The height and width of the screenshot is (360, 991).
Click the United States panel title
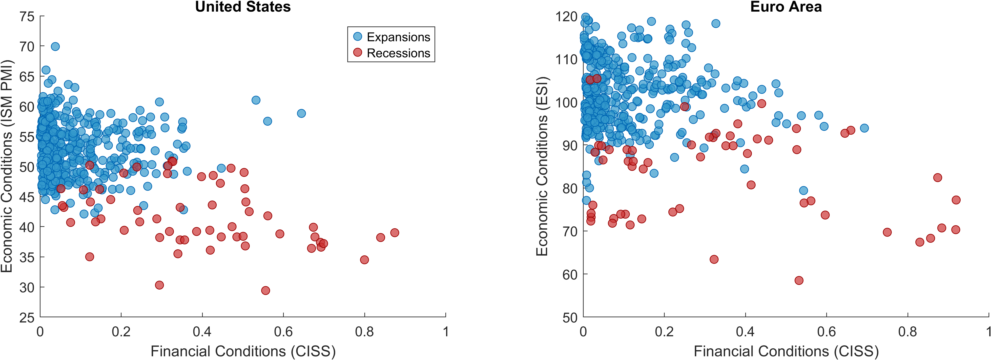[x=243, y=7]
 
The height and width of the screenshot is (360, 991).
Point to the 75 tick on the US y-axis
[x=27, y=17]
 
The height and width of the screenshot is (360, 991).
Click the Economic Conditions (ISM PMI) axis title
[x=7, y=166]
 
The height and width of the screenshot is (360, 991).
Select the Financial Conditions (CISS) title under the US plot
[x=243, y=351]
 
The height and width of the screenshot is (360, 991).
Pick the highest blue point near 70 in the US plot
[x=55, y=46]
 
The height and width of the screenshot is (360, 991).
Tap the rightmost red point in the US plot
[x=394, y=233]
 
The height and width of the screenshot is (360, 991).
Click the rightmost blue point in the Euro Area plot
[x=864, y=128]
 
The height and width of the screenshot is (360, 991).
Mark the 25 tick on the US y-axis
[x=27, y=318]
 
